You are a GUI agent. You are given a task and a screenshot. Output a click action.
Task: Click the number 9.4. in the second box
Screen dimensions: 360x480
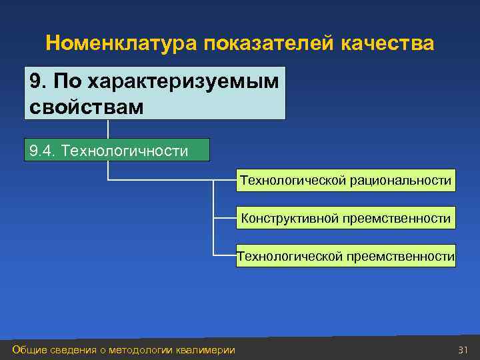tap(43, 151)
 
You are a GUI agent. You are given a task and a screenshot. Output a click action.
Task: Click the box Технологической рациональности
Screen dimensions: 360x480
tap(345, 181)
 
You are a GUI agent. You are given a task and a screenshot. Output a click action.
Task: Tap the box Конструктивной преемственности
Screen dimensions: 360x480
tap(345, 218)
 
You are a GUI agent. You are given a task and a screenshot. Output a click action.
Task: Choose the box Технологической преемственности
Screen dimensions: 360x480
tap(345, 256)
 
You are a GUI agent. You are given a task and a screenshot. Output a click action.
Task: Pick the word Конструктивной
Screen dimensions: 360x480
tap(288, 218)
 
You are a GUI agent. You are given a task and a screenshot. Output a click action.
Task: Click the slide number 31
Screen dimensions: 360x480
tap(463, 350)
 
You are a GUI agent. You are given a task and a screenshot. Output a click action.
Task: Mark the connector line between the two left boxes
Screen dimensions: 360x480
tap(108, 129)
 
